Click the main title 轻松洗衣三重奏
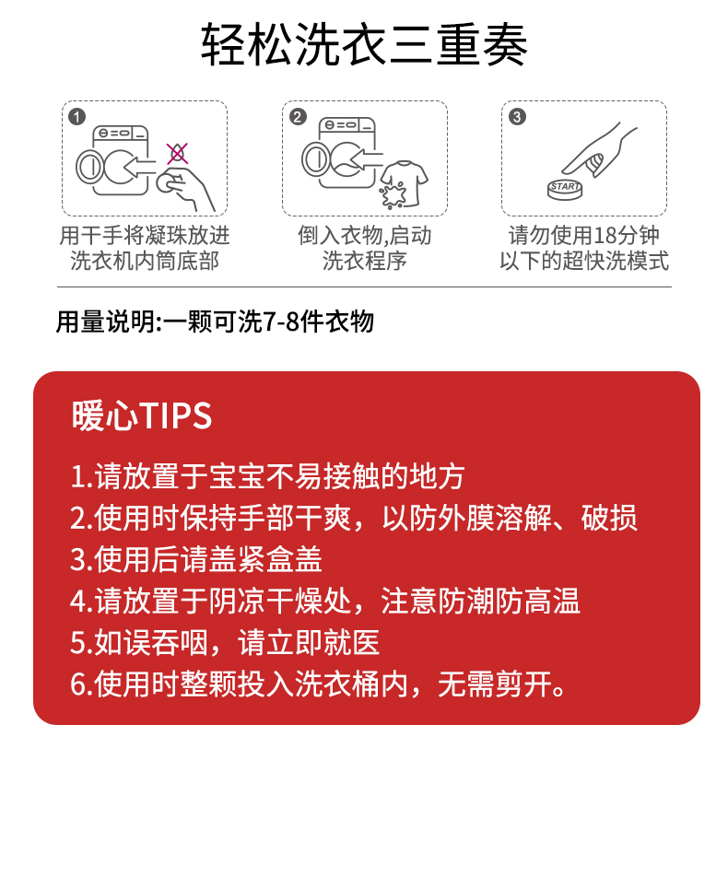364,45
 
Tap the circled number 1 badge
76,116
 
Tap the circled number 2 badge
297,116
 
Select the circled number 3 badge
517,116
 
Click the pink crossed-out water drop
177,153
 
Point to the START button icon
565,189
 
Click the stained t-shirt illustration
403,184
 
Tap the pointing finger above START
599,151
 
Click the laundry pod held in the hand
168,181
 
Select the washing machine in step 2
340,153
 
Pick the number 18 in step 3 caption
604,236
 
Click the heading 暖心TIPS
142,415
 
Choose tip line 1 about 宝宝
267,476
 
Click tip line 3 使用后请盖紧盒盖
196,559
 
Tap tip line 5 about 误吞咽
225,642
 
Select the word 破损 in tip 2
609,518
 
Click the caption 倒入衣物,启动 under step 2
364,236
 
